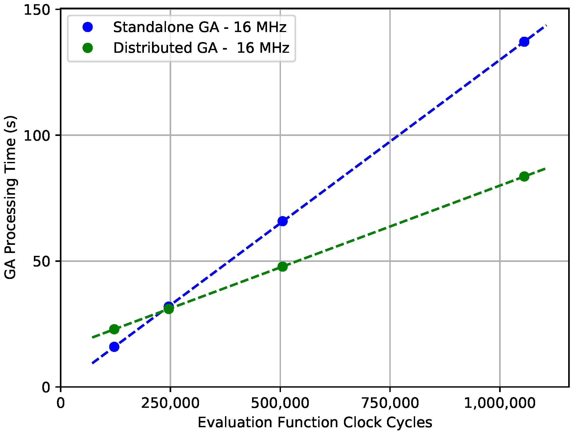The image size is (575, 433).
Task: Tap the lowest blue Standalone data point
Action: coord(114,347)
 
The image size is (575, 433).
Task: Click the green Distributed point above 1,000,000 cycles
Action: coord(524,176)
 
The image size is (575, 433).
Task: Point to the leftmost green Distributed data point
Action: coord(114,329)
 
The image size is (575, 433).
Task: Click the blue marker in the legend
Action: coord(88,27)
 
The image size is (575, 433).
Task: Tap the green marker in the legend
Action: coord(88,48)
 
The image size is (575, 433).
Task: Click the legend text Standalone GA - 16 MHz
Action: coord(200,27)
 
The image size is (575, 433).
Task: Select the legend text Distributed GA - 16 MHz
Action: coord(201,48)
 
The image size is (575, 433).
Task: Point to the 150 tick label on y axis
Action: coord(37,10)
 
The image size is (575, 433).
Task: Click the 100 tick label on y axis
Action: coord(37,136)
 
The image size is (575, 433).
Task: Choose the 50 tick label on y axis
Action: coord(41,261)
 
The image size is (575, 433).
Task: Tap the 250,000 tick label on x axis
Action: coord(170,403)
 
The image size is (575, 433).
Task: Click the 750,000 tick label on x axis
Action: coord(390,403)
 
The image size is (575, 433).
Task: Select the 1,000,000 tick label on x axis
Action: coord(499,403)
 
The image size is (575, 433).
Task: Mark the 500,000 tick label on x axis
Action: coord(280,403)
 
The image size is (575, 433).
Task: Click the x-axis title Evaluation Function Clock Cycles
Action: coord(315,423)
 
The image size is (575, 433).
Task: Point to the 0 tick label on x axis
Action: coord(61,403)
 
